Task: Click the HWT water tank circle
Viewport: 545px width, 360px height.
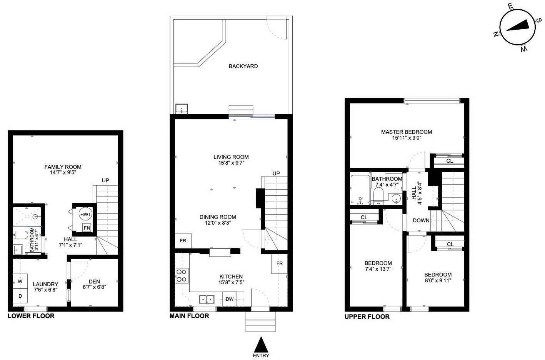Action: pyautogui.click(x=85, y=214)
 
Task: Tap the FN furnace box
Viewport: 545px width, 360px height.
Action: pyautogui.click(x=87, y=228)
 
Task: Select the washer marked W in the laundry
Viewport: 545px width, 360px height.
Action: pyautogui.click(x=20, y=281)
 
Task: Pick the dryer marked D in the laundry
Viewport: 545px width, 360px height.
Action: pyautogui.click(x=20, y=296)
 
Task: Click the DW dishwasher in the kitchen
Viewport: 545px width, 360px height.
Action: pyautogui.click(x=230, y=299)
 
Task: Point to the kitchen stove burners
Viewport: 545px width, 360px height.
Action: pyautogui.click(x=182, y=276)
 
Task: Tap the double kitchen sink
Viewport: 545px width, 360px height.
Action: pyautogui.click(x=207, y=299)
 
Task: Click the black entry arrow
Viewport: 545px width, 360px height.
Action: pyautogui.click(x=261, y=343)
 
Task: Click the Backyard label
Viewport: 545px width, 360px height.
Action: pyautogui.click(x=243, y=66)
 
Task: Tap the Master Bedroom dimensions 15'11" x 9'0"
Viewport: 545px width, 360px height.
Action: pyautogui.click(x=407, y=138)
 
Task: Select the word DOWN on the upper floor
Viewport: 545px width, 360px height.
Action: pyautogui.click(x=421, y=220)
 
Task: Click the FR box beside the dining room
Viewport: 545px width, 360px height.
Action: pyautogui.click(x=183, y=241)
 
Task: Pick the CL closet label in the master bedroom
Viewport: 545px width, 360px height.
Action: pyautogui.click(x=450, y=161)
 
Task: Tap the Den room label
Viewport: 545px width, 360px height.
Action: pyautogui.click(x=94, y=282)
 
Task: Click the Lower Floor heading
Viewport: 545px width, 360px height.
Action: pyautogui.click(x=31, y=316)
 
